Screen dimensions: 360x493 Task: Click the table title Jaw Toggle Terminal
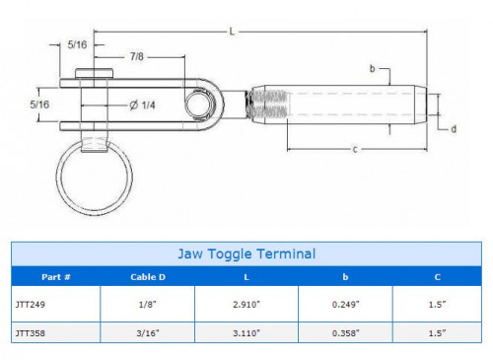246,253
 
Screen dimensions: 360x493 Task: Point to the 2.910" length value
246,307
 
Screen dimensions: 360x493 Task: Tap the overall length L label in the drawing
231,32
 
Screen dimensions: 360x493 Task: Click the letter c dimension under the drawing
355,149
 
